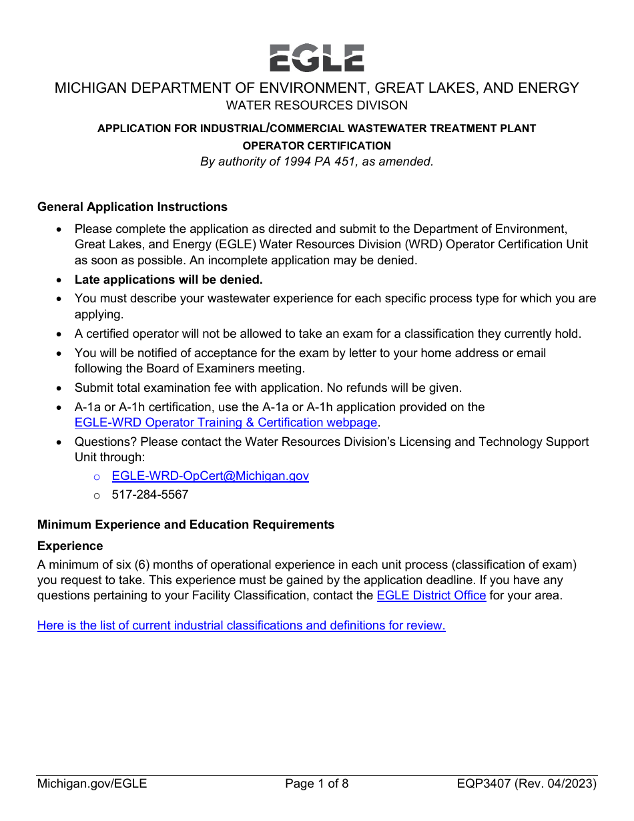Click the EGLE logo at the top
click(x=316, y=58)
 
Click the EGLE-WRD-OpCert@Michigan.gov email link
click(x=210, y=476)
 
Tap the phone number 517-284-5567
click(x=150, y=495)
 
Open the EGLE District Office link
click(x=431, y=595)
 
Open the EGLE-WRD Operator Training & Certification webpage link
click(x=226, y=423)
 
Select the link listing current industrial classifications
click(x=241, y=625)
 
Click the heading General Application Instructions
click(x=132, y=207)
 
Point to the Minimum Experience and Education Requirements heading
click(x=186, y=525)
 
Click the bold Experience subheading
click(x=70, y=546)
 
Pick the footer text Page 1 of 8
click(x=316, y=784)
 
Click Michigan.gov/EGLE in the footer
click(x=92, y=784)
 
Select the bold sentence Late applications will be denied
click(x=168, y=280)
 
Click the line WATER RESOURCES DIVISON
click(x=316, y=105)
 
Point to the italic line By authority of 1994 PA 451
click(x=316, y=162)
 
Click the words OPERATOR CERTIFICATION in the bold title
click(x=316, y=146)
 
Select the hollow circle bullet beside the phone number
click(x=97, y=495)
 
